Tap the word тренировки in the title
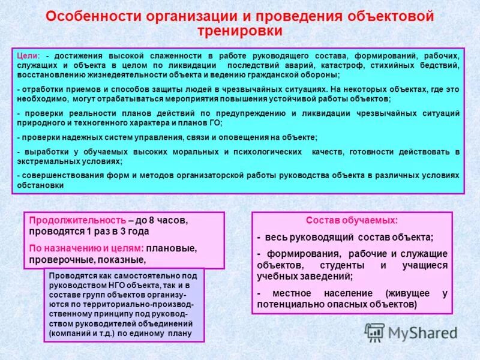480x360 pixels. [x=239, y=30]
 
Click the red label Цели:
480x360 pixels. [x=28, y=55]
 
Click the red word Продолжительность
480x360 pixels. [x=77, y=220]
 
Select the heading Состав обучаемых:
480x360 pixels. [x=352, y=220]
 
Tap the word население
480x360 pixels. [x=345, y=293]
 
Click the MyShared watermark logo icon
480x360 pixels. [x=375, y=332]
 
